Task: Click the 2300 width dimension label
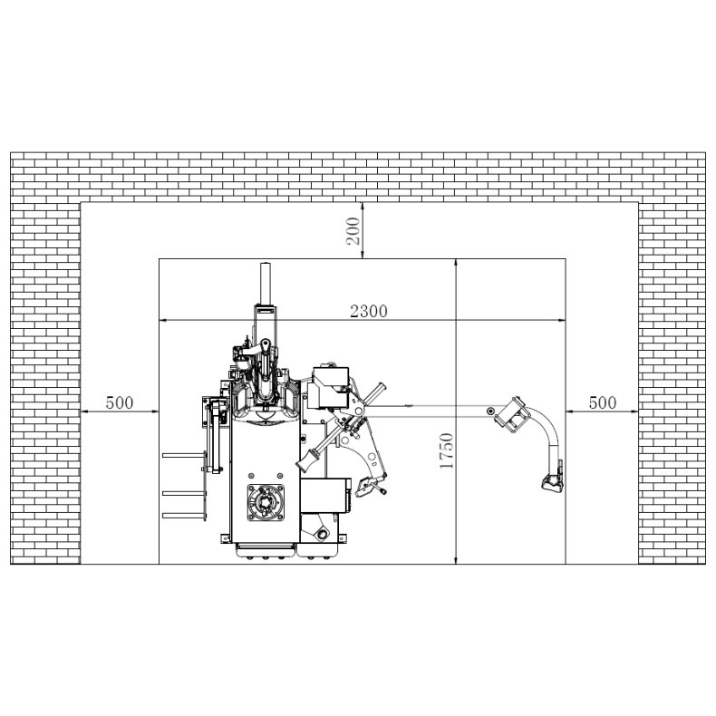point(369,311)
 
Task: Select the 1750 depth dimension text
point(446,451)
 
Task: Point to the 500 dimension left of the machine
point(120,402)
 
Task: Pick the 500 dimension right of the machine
point(601,402)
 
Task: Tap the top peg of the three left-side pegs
point(179,455)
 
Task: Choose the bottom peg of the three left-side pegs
point(179,515)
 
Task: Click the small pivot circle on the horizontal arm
point(490,412)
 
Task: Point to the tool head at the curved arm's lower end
point(550,483)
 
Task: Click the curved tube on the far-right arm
point(547,439)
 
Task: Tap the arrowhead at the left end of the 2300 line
point(164,319)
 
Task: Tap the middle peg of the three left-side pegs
point(179,493)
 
